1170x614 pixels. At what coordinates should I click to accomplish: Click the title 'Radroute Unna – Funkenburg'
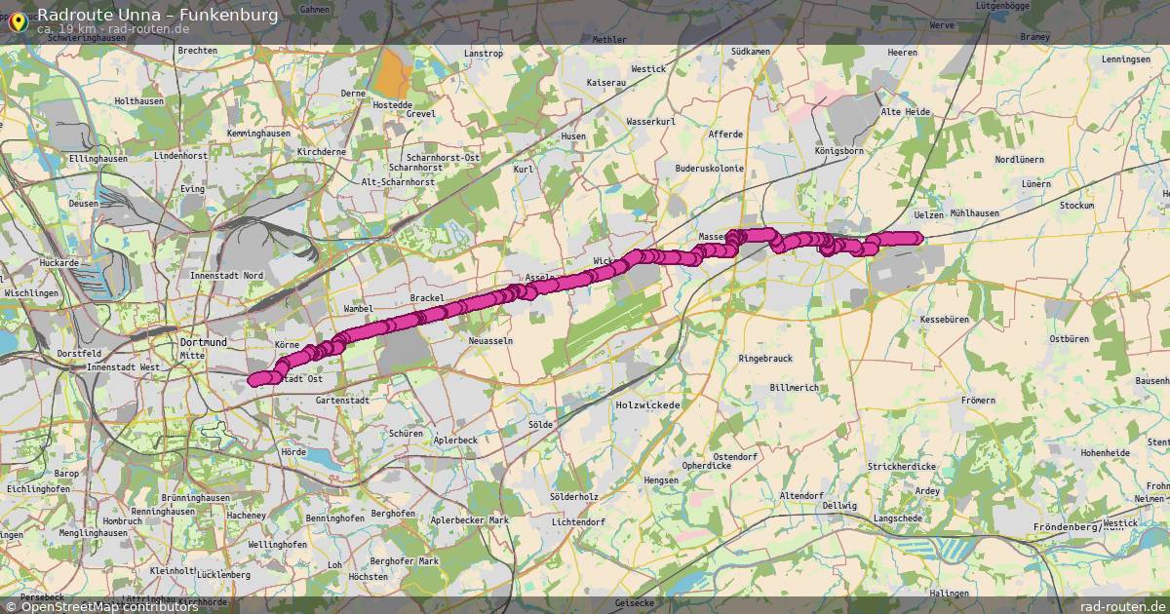(157, 15)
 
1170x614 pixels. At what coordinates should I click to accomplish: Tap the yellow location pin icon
(17, 19)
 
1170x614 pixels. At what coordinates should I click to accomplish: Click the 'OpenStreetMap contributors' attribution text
(109, 606)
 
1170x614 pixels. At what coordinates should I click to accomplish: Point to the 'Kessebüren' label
(944, 319)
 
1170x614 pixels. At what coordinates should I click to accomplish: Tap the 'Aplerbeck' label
(455, 441)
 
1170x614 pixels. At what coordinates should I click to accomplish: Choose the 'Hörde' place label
(292, 452)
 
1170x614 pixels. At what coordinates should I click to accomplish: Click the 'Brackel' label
(427, 297)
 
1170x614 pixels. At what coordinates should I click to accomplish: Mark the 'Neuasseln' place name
(490, 341)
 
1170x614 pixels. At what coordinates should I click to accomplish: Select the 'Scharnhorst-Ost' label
(443, 157)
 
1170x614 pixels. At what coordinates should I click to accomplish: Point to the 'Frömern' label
(978, 401)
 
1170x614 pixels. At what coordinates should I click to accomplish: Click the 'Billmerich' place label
(794, 387)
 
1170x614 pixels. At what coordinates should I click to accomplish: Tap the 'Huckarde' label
(59, 263)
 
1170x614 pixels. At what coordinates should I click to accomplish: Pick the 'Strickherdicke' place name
(901, 467)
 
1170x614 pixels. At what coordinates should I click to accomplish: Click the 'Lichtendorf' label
(578, 522)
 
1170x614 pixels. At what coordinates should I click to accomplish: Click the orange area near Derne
(392, 73)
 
